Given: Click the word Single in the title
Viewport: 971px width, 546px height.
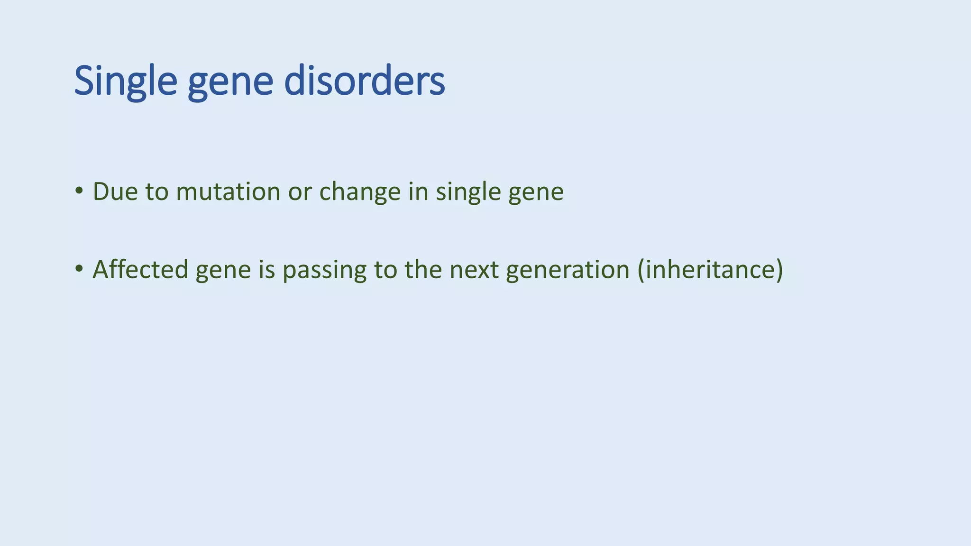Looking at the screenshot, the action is pos(126,82).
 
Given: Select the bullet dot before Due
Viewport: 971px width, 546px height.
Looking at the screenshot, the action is pos(79,191).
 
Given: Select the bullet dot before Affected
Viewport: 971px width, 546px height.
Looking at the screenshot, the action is pos(79,269).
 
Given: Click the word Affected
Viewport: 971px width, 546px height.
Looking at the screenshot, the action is pos(140,269).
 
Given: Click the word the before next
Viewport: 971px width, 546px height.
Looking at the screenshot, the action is pos(423,269).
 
